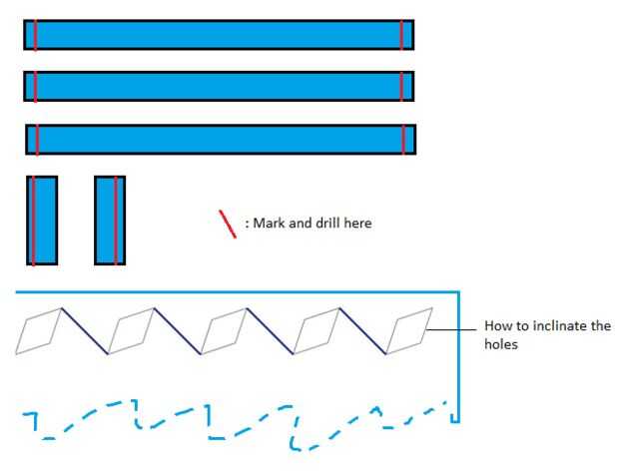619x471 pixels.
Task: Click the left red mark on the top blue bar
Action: point(35,34)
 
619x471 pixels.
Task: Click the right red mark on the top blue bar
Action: point(402,34)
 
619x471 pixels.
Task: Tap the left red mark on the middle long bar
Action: point(35,86)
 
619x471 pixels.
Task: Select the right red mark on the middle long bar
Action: point(402,86)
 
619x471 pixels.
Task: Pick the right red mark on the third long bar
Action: point(404,139)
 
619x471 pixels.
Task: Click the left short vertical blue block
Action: point(42,221)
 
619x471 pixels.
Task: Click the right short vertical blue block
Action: point(110,221)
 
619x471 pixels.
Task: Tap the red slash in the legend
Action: point(228,224)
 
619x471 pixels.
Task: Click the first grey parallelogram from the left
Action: point(40,330)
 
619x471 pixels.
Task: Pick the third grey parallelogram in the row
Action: point(226,330)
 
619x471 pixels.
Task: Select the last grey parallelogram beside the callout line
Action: point(409,330)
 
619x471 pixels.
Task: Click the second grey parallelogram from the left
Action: point(133,330)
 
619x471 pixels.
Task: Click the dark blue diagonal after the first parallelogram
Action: point(84,330)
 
